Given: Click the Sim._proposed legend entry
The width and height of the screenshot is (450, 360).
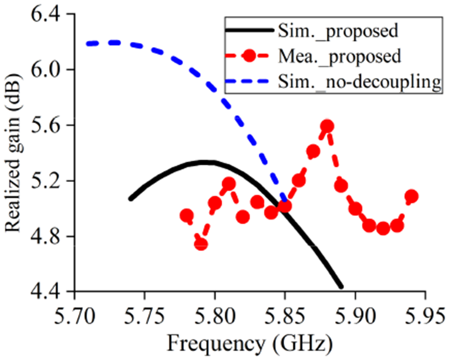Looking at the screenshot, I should coord(338,31).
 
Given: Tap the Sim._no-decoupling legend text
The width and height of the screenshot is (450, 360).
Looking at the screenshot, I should coord(358,82).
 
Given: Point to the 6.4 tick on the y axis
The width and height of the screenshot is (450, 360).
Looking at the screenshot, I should coord(48,14).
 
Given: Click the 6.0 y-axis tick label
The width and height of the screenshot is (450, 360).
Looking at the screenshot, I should coord(48,70).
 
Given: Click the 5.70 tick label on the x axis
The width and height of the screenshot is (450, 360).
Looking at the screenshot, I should coord(74,319).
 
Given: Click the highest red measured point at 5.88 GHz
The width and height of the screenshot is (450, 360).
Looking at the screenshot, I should coord(327,126).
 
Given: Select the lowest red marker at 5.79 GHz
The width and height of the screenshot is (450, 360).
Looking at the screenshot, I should coord(201,245).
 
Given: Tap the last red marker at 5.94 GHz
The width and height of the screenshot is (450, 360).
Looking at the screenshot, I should coord(411,196).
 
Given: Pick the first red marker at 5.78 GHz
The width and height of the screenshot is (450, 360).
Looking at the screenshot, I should coord(186,216).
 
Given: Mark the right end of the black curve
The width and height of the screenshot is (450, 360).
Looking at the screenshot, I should coord(341,287).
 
